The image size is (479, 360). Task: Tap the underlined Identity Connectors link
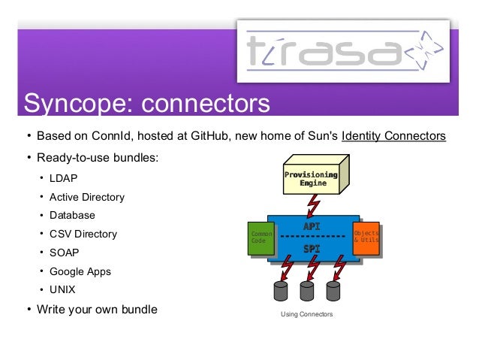(393, 136)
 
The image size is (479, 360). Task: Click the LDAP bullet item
(64, 179)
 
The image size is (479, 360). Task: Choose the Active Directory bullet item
(87, 197)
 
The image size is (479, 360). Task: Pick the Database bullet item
(72, 216)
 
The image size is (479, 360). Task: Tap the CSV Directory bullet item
(83, 234)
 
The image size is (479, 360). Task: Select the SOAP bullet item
(65, 253)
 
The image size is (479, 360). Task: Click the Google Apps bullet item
(80, 271)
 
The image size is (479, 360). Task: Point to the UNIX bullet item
(63, 289)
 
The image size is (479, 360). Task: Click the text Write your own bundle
(97, 308)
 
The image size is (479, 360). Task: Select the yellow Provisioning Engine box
(310, 177)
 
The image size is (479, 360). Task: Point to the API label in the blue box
(312, 226)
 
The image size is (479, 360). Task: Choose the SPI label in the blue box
(312, 248)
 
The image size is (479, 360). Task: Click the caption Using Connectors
(306, 314)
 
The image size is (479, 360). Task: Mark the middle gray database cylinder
(307, 291)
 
